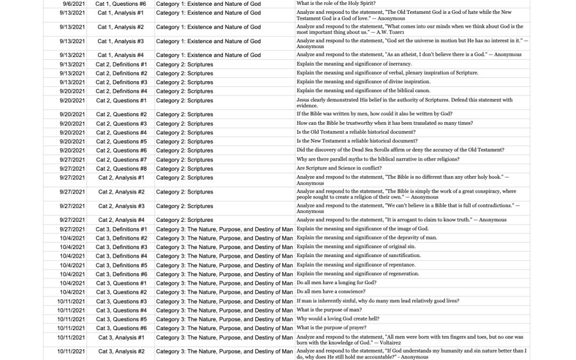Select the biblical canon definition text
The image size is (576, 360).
(363, 91)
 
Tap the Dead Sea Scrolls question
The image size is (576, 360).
(400, 150)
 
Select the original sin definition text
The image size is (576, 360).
(356, 247)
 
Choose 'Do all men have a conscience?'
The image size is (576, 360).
(331, 292)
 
